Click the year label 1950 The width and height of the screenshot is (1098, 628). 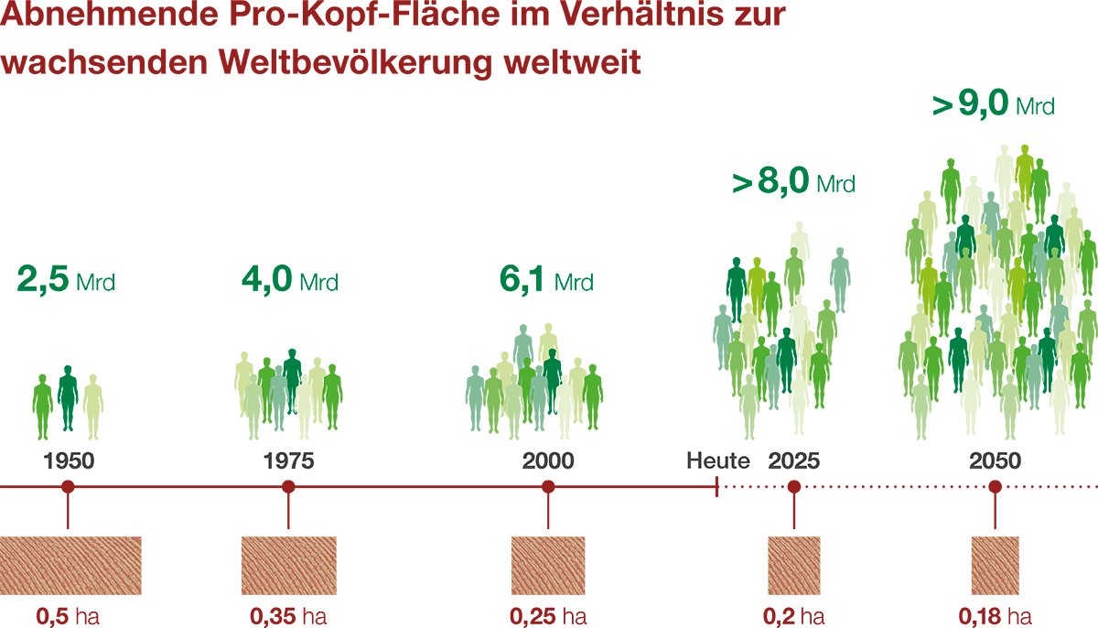tap(69, 460)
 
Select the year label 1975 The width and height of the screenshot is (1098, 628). tap(288, 460)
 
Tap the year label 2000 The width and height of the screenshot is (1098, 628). tap(549, 460)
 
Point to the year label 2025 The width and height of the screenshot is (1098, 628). tap(794, 460)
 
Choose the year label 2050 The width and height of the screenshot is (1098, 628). tap(996, 460)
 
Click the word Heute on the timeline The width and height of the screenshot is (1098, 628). tap(718, 460)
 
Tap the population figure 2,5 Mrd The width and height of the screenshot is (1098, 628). tap(66, 280)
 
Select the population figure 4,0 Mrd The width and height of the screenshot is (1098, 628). tap(290, 280)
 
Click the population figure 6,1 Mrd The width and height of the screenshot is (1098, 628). tap(546, 280)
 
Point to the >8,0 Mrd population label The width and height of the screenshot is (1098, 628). tap(793, 182)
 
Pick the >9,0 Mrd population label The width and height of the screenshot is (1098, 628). tap(994, 105)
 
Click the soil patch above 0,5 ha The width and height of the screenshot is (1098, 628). tap(70, 566)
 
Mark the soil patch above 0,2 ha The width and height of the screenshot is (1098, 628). tap(793, 566)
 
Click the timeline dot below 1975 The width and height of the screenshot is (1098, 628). tap(288, 487)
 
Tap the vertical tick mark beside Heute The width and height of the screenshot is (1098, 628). tap(716, 487)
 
